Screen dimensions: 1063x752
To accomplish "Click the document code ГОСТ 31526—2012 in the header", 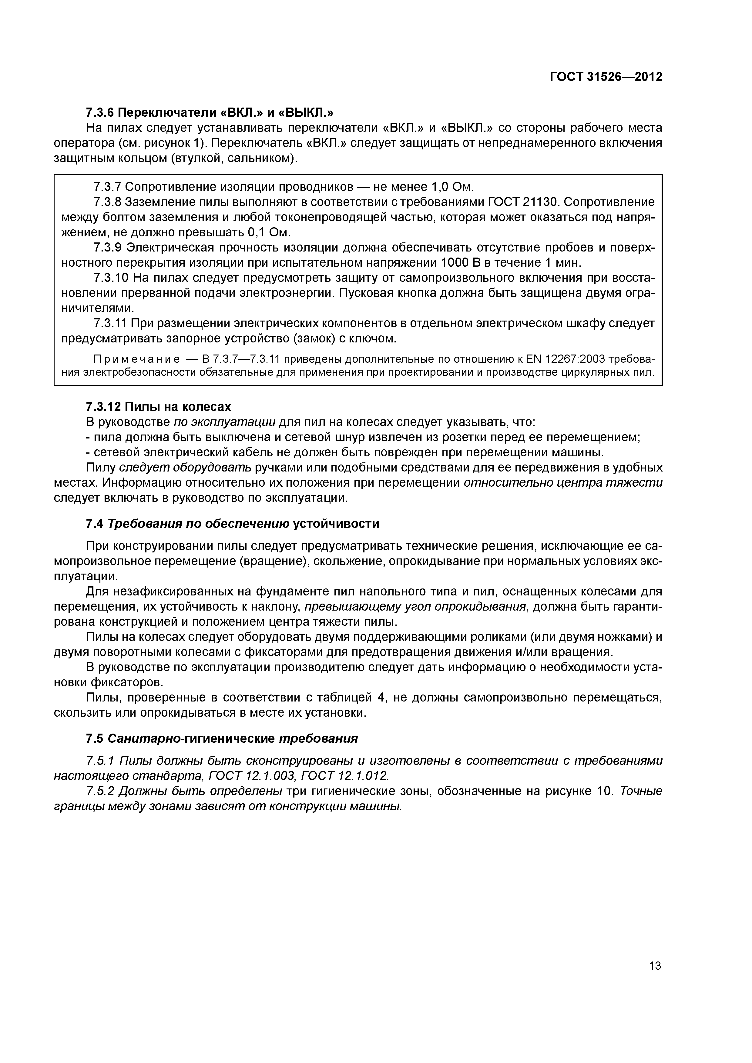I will tap(606, 77).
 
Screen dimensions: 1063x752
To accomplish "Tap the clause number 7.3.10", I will tap(110, 278).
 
